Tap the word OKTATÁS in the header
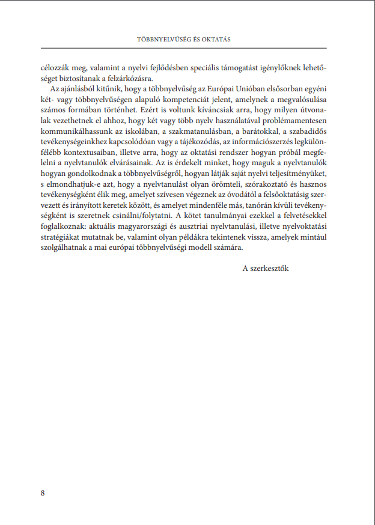[x=216, y=40]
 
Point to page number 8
[x=43, y=493]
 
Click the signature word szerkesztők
[x=269, y=268]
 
